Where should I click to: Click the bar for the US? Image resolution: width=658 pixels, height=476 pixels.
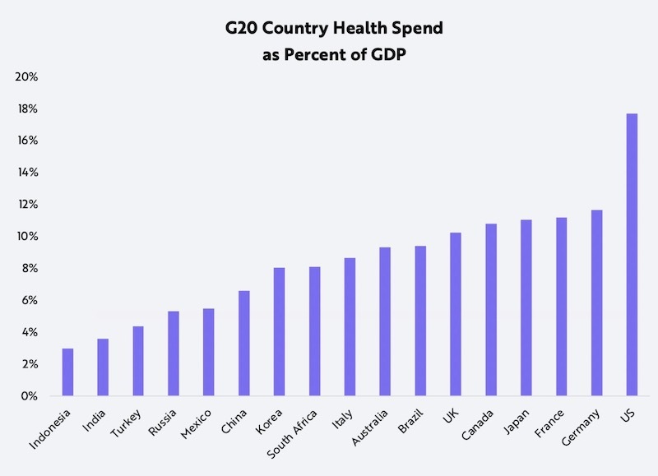pos(632,255)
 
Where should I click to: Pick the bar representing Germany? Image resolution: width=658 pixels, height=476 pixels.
pos(596,303)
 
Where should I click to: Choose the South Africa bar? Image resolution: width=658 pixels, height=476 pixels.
pos(314,331)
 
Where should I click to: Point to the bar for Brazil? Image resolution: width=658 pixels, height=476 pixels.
pos(420,321)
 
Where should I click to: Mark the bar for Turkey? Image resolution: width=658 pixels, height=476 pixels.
pos(138,362)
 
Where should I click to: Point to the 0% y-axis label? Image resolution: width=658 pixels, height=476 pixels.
pos(30,396)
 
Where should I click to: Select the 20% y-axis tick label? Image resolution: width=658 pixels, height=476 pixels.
pos(27,76)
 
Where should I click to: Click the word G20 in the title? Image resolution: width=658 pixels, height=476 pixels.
pos(244,29)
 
